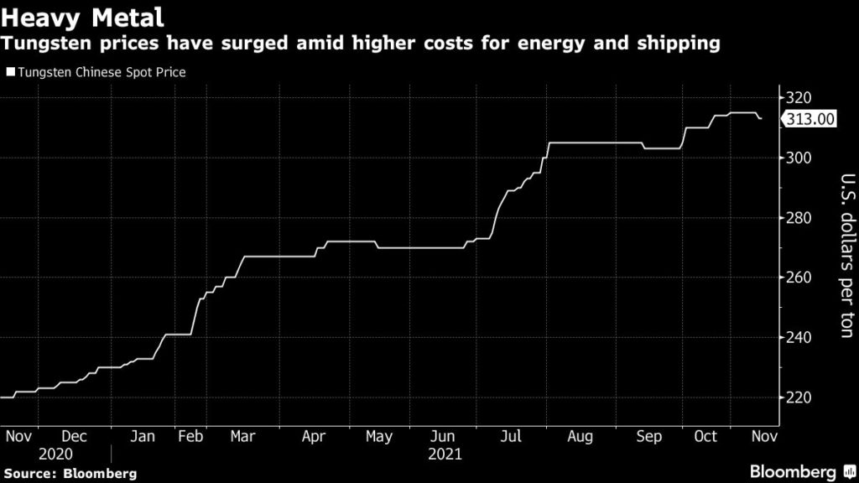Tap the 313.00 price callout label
(810, 119)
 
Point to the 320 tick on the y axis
(797, 98)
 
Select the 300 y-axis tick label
(797, 158)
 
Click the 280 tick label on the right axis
(797, 218)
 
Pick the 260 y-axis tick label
(797, 278)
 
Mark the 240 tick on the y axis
(797, 338)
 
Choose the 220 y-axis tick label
(797, 397)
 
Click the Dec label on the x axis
(75, 437)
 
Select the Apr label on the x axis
(314, 437)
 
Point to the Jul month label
(510, 437)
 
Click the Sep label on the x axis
(649, 437)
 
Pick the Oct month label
(705, 437)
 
